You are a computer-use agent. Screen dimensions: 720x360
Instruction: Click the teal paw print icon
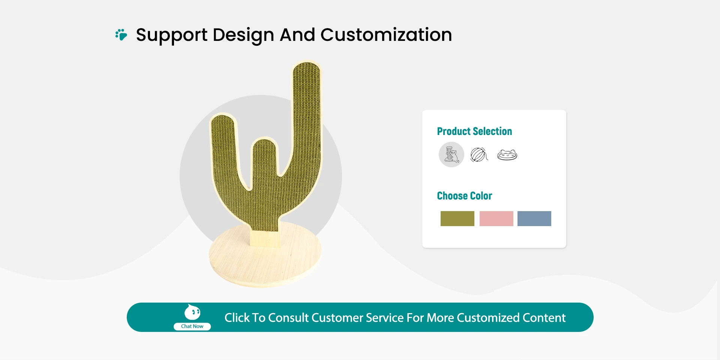tap(121, 34)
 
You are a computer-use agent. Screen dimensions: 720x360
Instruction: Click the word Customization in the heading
tap(386, 35)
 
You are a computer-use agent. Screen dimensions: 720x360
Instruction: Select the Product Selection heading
tap(474, 131)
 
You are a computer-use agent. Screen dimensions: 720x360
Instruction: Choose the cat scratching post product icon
tap(451, 154)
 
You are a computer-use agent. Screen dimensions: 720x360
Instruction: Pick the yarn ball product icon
tap(479, 154)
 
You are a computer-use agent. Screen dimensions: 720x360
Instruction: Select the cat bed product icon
tap(507, 154)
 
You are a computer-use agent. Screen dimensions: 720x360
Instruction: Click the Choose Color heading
tap(464, 196)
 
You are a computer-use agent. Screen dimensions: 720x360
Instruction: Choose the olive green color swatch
tap(457, 219)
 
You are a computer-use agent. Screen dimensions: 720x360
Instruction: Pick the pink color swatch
tap(496, 219)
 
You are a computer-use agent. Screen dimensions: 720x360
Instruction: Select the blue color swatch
tap(534, 219)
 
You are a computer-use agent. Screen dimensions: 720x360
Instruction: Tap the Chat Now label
tap(192, 326)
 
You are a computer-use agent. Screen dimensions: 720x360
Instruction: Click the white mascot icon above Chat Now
tap(192, 312)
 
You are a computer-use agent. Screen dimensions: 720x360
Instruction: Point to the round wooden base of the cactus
tap(265, 259)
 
